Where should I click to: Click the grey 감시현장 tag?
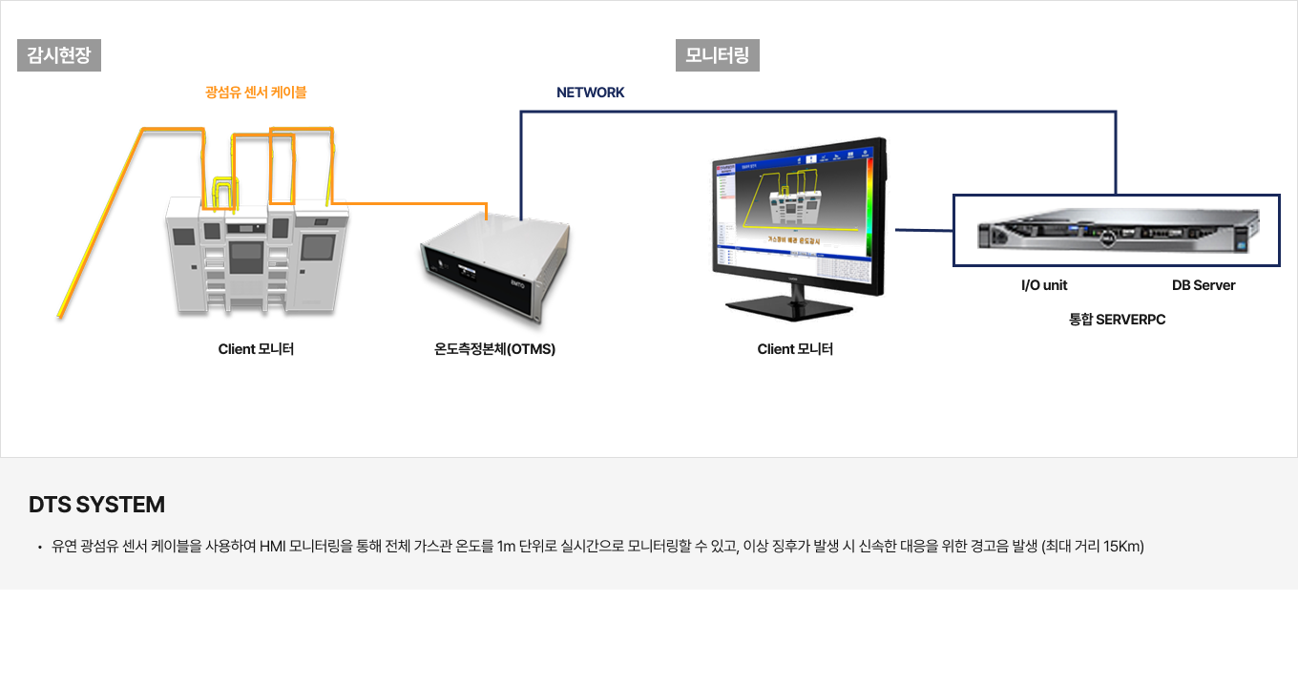pyautogui.click(x=59, y=55)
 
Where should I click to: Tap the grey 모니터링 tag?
pyautogui.click(x=717, y=55)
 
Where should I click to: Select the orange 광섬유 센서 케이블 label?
pyautogui.click(x=256, y=93)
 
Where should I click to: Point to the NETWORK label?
pyautogui.click(x=590, y=93)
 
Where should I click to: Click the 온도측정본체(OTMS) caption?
pyautogui.click(x=494, y=349)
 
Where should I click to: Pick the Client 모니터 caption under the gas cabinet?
pyautogui.click(x=256, y=349)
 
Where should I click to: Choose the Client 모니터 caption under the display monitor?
pyautogui.click(x=795, y=349)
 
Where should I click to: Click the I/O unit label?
pyautogui.click(x=1044, y=285)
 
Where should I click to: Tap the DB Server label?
pyautogui.click(x=1204, y=285)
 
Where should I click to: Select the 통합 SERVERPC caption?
pyautogui.click(x=1117, y=320)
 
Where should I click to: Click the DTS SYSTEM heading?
pyautogui.click(x=96, y=505)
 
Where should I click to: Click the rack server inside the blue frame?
pyautogui.click(x=1117, y=232)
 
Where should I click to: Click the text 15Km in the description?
pyautogui.click(x=1122, y=547)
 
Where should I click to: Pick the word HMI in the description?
pyautogui.click(x=273, y=547)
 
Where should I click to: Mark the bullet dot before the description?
pyautogui.click(x=39, y=548)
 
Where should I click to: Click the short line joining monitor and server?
pyautogui.click(x=924, y=230)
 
